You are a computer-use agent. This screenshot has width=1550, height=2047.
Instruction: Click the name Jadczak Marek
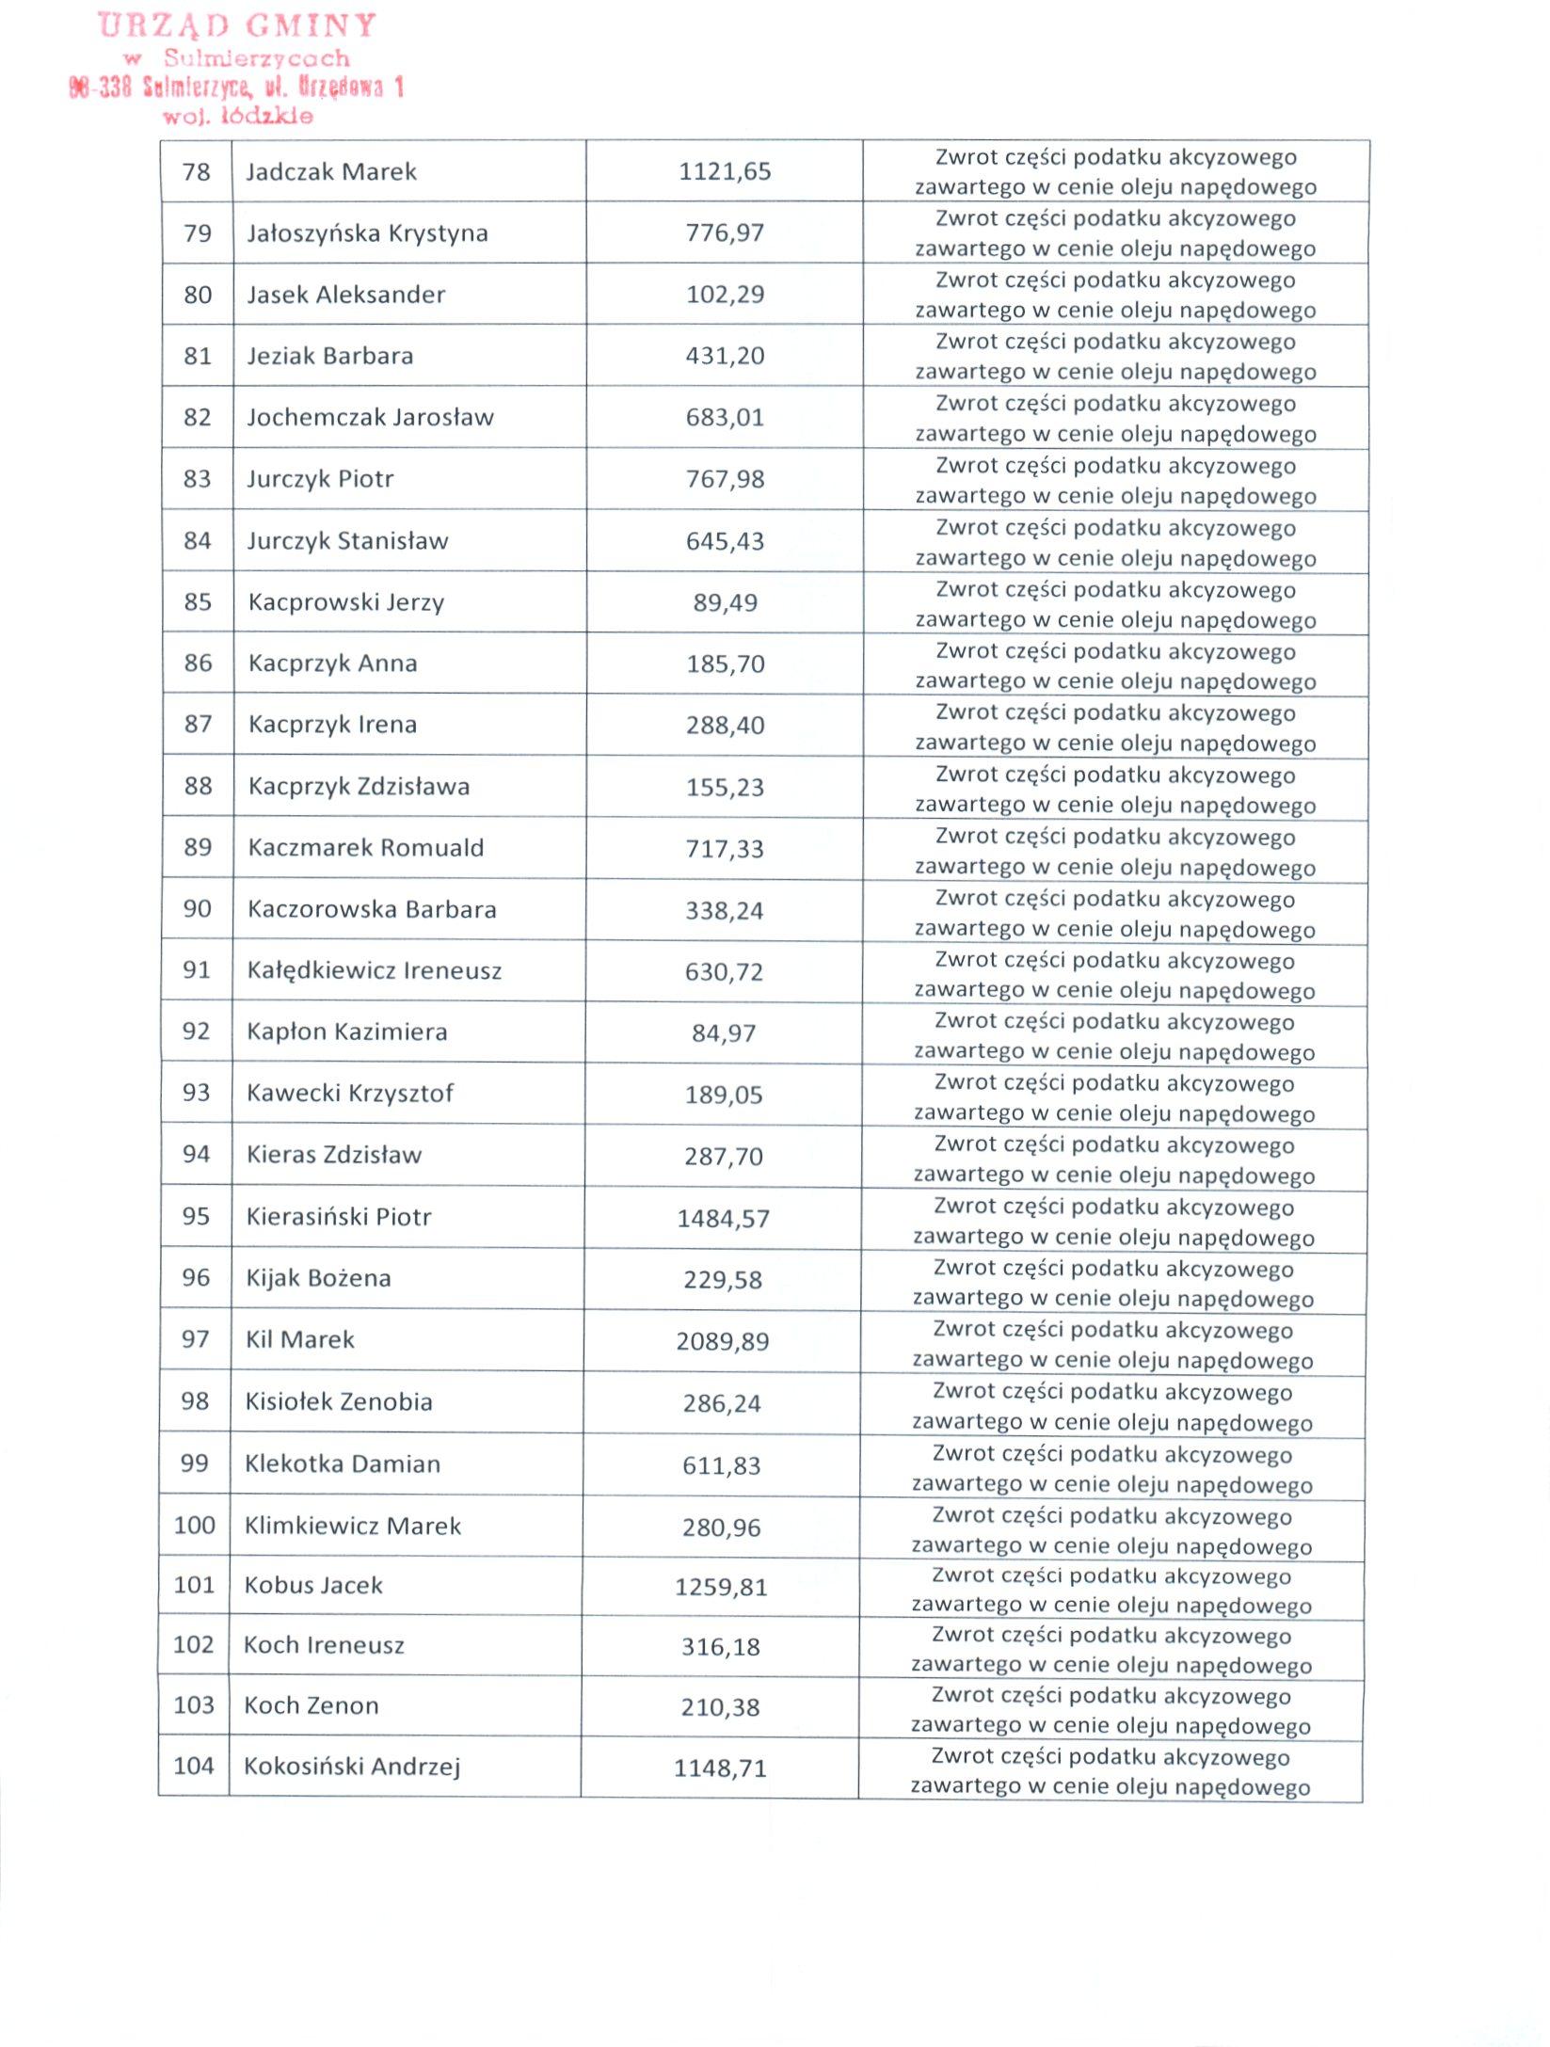pyautogui.click(x=331, y=172)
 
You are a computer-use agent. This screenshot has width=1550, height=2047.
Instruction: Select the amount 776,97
pyautogui.click(x=725, y=232)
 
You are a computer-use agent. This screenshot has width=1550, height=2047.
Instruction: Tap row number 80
pyautogui.click(x=198, y=295)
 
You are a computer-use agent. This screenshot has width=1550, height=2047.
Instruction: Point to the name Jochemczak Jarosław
pyautogui.click(x=370, y=417)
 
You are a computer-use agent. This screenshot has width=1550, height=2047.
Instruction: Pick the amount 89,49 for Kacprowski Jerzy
pyautogui.click(x=725, y=602)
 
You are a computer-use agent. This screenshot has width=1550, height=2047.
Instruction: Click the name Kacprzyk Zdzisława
pyautogui.click(x=359, y=786)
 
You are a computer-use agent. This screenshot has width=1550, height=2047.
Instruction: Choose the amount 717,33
pyautogui.click(x=725, y=849)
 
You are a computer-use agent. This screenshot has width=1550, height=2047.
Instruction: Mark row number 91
pyautogui.click(x=197, y=969)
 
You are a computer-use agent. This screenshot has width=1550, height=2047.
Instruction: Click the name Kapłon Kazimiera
pyautogui.click(x=346, y=1031)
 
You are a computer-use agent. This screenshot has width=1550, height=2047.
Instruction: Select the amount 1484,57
pyautogui.click(x=723, y=1219)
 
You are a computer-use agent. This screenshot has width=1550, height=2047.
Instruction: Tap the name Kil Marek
pyautogui.click(x=300, y=1339)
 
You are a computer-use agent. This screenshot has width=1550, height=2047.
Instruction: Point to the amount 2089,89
pyautogui.click(x=722, y=1341)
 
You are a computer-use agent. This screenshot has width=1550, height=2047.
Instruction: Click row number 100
pyautogui.click(x=195, y=1525)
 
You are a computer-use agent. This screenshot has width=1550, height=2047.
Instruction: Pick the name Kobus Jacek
pyautogui.click(x=313, y=1585)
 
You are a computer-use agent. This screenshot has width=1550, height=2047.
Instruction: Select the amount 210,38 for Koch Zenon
pyautogui.click(x=720, y=1707)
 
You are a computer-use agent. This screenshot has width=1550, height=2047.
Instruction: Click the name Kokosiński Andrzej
pyautogui.click(x=352, y=1766)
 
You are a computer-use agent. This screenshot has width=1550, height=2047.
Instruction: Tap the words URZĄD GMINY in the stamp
pyautogui.click(x=237, y=25)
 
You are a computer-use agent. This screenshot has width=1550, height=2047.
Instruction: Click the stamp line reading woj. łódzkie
pyautogui.click(x=237, y=117)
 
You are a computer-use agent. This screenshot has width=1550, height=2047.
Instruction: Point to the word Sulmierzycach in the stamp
pyautogui.click(x=256, y=58)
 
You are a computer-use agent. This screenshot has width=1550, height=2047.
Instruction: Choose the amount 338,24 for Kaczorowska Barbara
pyautogui.click(x=724, y=910)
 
